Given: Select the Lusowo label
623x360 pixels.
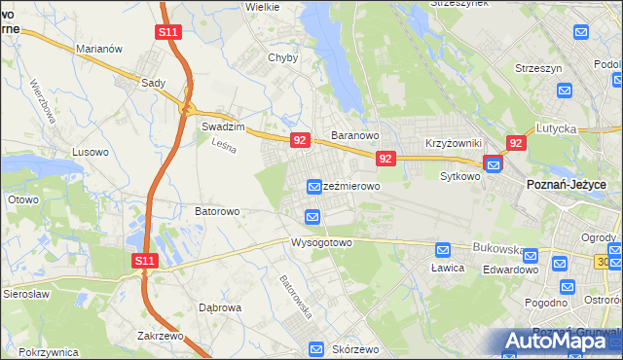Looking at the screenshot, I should [x=90, y=152].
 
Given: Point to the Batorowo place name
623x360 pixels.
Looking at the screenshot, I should [x=217, y=210].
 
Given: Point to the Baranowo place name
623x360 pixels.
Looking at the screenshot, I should [x=353, y=135].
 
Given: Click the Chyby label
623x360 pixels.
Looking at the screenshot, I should [x=282, y=57].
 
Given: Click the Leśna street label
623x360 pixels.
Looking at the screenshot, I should [x=225, y=144].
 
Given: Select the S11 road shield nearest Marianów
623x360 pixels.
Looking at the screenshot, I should [x=167, y=32].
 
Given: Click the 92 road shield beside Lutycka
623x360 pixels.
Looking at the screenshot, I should [x=516, y=143].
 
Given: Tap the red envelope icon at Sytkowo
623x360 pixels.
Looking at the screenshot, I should [x=494, y=164].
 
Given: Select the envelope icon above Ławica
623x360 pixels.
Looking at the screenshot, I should [x=443, y=249].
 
